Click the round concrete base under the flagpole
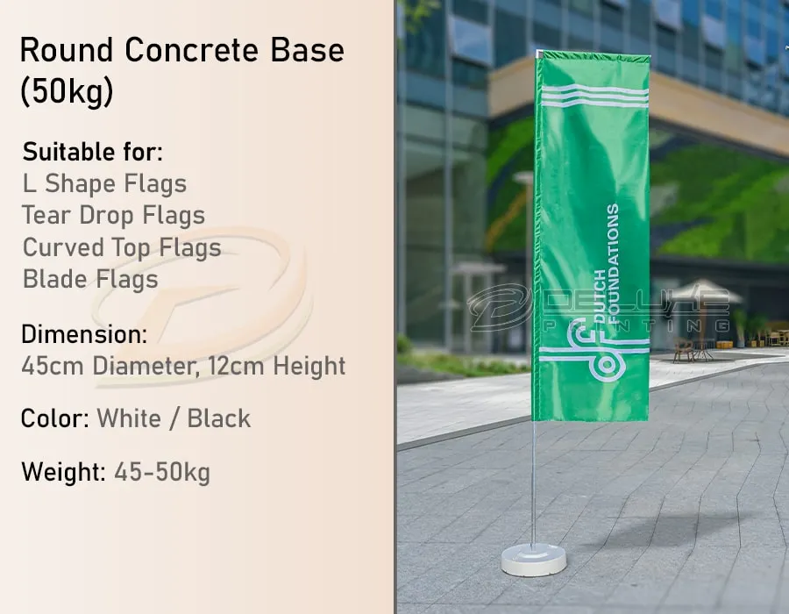tap(533, 560)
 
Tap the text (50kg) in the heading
tap(67, 92)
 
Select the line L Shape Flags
tap(104, 184)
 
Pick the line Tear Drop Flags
tap(114, 216)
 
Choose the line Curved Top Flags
tap(122, 247)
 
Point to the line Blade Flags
tap(90, 279)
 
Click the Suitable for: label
tap(93, 152)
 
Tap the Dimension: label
tap(84, 334)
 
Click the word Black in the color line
tap(218, 418)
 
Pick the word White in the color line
tap(129, 418)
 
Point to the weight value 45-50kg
tap(162, 473)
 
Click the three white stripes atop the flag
tap(594, 96)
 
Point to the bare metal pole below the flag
tap(533, 482)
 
